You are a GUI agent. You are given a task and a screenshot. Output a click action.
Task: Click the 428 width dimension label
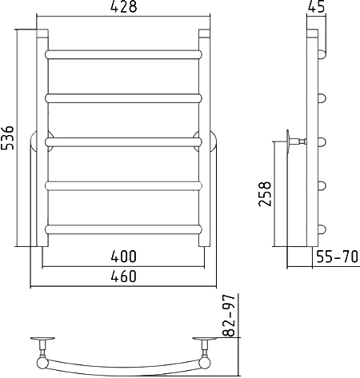coord(124,6)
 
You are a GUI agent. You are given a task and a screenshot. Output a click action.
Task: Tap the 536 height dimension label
coord(7,137)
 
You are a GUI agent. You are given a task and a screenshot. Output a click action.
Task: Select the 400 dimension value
coord(124,257)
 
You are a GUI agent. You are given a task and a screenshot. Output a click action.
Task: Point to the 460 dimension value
coord(124,276)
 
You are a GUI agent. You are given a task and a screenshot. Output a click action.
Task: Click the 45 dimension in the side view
coord(317,6)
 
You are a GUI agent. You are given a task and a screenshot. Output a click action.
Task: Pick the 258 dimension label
coord(265,193)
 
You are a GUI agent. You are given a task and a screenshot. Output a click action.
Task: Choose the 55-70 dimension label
coord(337,257)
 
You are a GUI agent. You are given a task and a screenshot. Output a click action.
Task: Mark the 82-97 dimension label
coord(229,316)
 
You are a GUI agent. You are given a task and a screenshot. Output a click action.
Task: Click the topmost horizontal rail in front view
coord(124,54)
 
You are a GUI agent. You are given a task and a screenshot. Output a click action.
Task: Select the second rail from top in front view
coord(124,98)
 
